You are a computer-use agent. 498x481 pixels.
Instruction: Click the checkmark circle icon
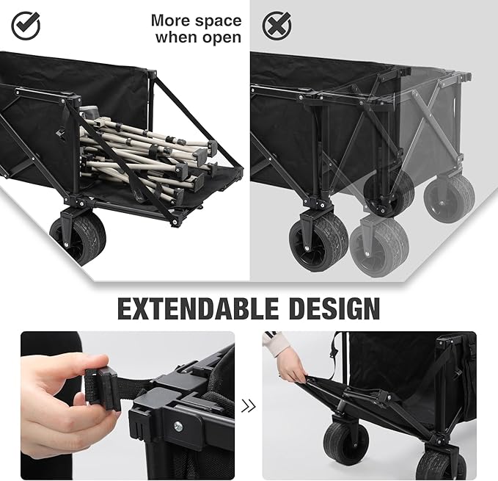26,26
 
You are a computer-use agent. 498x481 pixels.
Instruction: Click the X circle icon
277,26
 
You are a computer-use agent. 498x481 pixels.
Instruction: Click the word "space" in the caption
219,21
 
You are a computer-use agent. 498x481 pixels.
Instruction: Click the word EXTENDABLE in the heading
201,308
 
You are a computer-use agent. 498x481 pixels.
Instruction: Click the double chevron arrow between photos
249,405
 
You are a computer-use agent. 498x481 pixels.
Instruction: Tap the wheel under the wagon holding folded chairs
78,237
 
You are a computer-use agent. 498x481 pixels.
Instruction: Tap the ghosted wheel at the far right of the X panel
450,198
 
